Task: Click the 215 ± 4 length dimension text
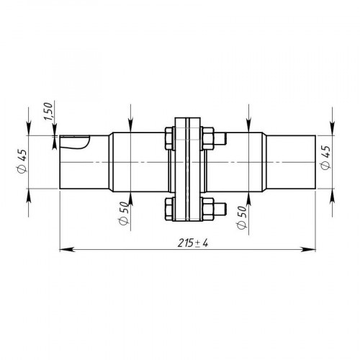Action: coord(193,243)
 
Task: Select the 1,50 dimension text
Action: coord(48,112)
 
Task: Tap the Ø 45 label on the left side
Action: coord(22,161)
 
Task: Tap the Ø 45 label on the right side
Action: coord(325,158)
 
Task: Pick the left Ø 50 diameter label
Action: coord(124,213)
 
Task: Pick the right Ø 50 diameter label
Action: coord(242,217)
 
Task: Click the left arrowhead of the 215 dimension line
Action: coord(66,250)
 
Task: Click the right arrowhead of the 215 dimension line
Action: coord(309,250)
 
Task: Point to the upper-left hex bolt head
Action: coord(169,138)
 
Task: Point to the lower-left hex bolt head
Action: coord(169,209)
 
